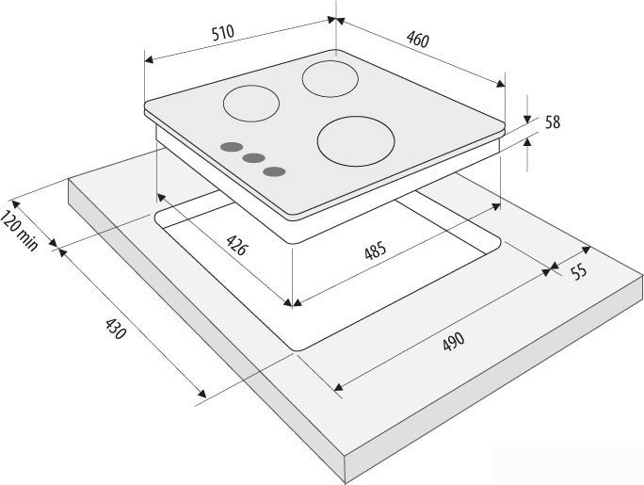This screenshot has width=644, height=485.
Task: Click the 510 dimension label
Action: (x=223, y=32)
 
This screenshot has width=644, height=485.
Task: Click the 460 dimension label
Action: (x=418, y=40)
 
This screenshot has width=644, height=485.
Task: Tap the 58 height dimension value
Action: (x=552, y=122)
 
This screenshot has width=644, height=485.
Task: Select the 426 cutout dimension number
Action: (x=237, y=245)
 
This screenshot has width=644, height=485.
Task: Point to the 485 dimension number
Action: (x=376, y=251)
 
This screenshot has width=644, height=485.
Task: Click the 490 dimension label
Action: (x=454, y=341)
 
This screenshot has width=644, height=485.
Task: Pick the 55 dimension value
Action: (x=579, y=271)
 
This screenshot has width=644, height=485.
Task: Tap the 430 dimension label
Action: (x=115, y=329)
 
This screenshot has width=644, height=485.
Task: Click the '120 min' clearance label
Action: (x=20, y=231)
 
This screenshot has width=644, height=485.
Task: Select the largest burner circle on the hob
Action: (x=356, y=141)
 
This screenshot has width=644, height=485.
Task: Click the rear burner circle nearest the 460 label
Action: (x=330, y=79)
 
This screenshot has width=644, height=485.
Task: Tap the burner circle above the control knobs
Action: (x=251, y=104)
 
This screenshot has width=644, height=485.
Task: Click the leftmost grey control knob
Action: (x=232, y=147)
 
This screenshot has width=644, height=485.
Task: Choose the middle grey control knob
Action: (x=253, y=158)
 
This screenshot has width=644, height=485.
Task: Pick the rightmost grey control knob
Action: (x=274, y=171)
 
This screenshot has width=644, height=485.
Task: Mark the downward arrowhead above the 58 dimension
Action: (x=527, y=119)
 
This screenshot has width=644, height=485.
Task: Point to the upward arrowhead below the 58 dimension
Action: (x=527, y=141)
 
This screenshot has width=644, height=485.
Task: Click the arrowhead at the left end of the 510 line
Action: (x=149, y=59)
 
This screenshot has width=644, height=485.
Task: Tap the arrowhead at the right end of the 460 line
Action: (x=501, y=84)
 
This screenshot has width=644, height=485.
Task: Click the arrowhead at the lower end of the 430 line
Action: (x=202, y=394)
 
